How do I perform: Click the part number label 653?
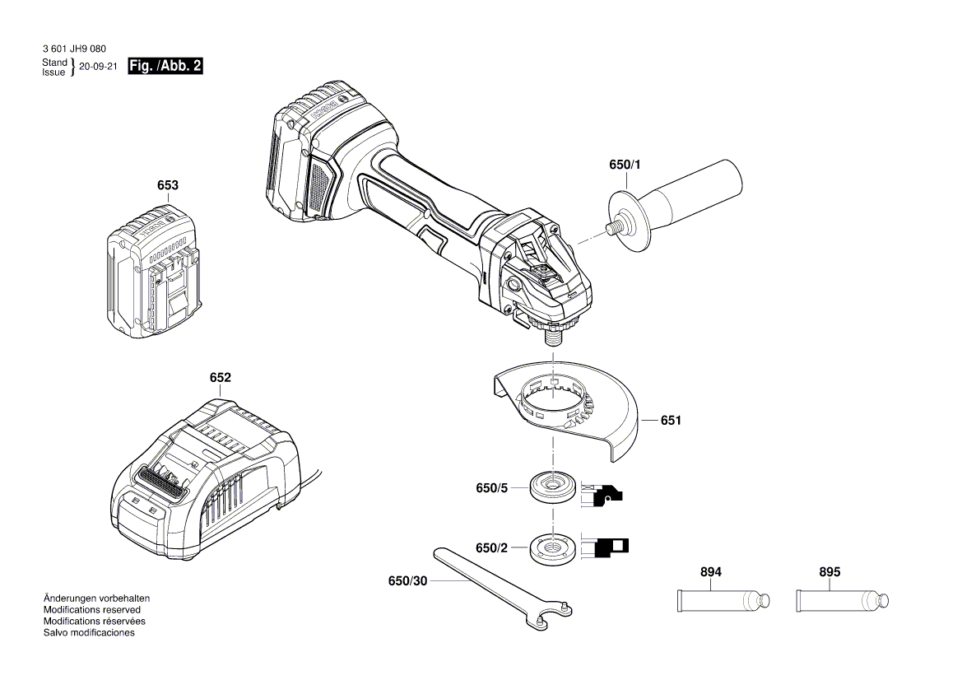[167, 185]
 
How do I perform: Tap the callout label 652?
[220, 378]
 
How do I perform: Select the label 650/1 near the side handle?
[625, 165]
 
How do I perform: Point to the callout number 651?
[671, 421]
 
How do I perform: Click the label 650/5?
[492, 488]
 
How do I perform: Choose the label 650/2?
[492, 547]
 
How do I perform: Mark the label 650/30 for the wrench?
[407, 581]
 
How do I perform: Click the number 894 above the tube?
[711, 572]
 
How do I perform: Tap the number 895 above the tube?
[830, 572]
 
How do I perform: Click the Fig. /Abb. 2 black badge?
[165, 67]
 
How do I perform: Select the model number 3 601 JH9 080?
[73, 49]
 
